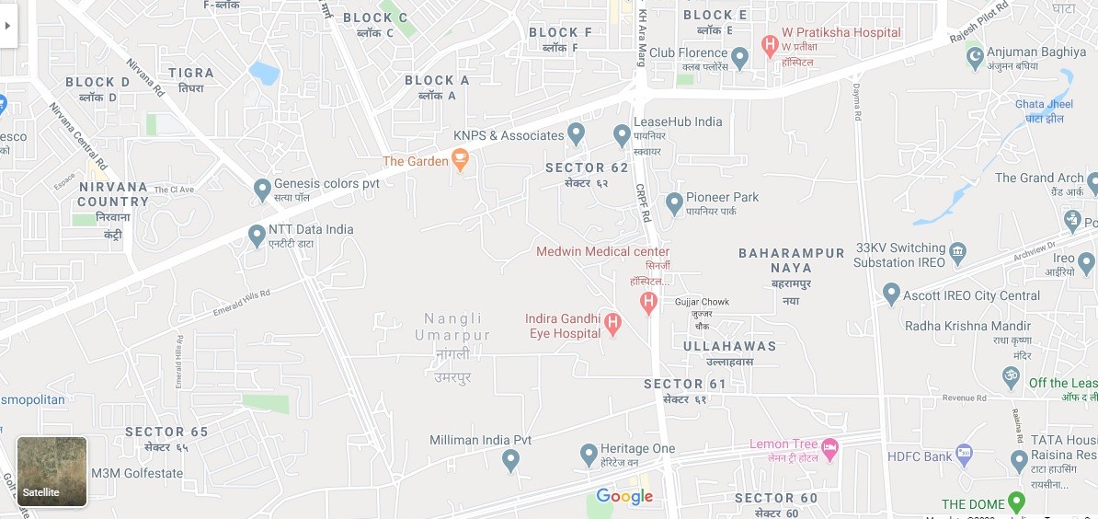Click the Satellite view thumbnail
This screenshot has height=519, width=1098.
[52, 471]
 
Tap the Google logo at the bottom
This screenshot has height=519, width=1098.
[624, 497]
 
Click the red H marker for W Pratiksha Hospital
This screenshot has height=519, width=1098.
[771, 43]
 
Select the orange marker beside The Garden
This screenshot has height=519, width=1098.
[461, 162]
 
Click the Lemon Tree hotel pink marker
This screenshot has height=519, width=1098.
[829, 448]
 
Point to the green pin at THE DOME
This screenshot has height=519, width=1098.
[1015, 502]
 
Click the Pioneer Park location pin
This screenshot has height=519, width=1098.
[674, 202]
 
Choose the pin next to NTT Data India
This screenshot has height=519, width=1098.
[257, 236]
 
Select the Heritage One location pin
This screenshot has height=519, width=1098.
[589, 454]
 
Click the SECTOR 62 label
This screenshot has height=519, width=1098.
[587, 167]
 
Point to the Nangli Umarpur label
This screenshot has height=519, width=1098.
[452, 328]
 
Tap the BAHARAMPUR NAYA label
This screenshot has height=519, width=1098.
[792, 260]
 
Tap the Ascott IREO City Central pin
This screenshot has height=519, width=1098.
[890, 294]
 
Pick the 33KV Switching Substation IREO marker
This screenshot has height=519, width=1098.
[958, 251]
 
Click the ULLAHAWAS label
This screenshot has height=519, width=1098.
[730, 346]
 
